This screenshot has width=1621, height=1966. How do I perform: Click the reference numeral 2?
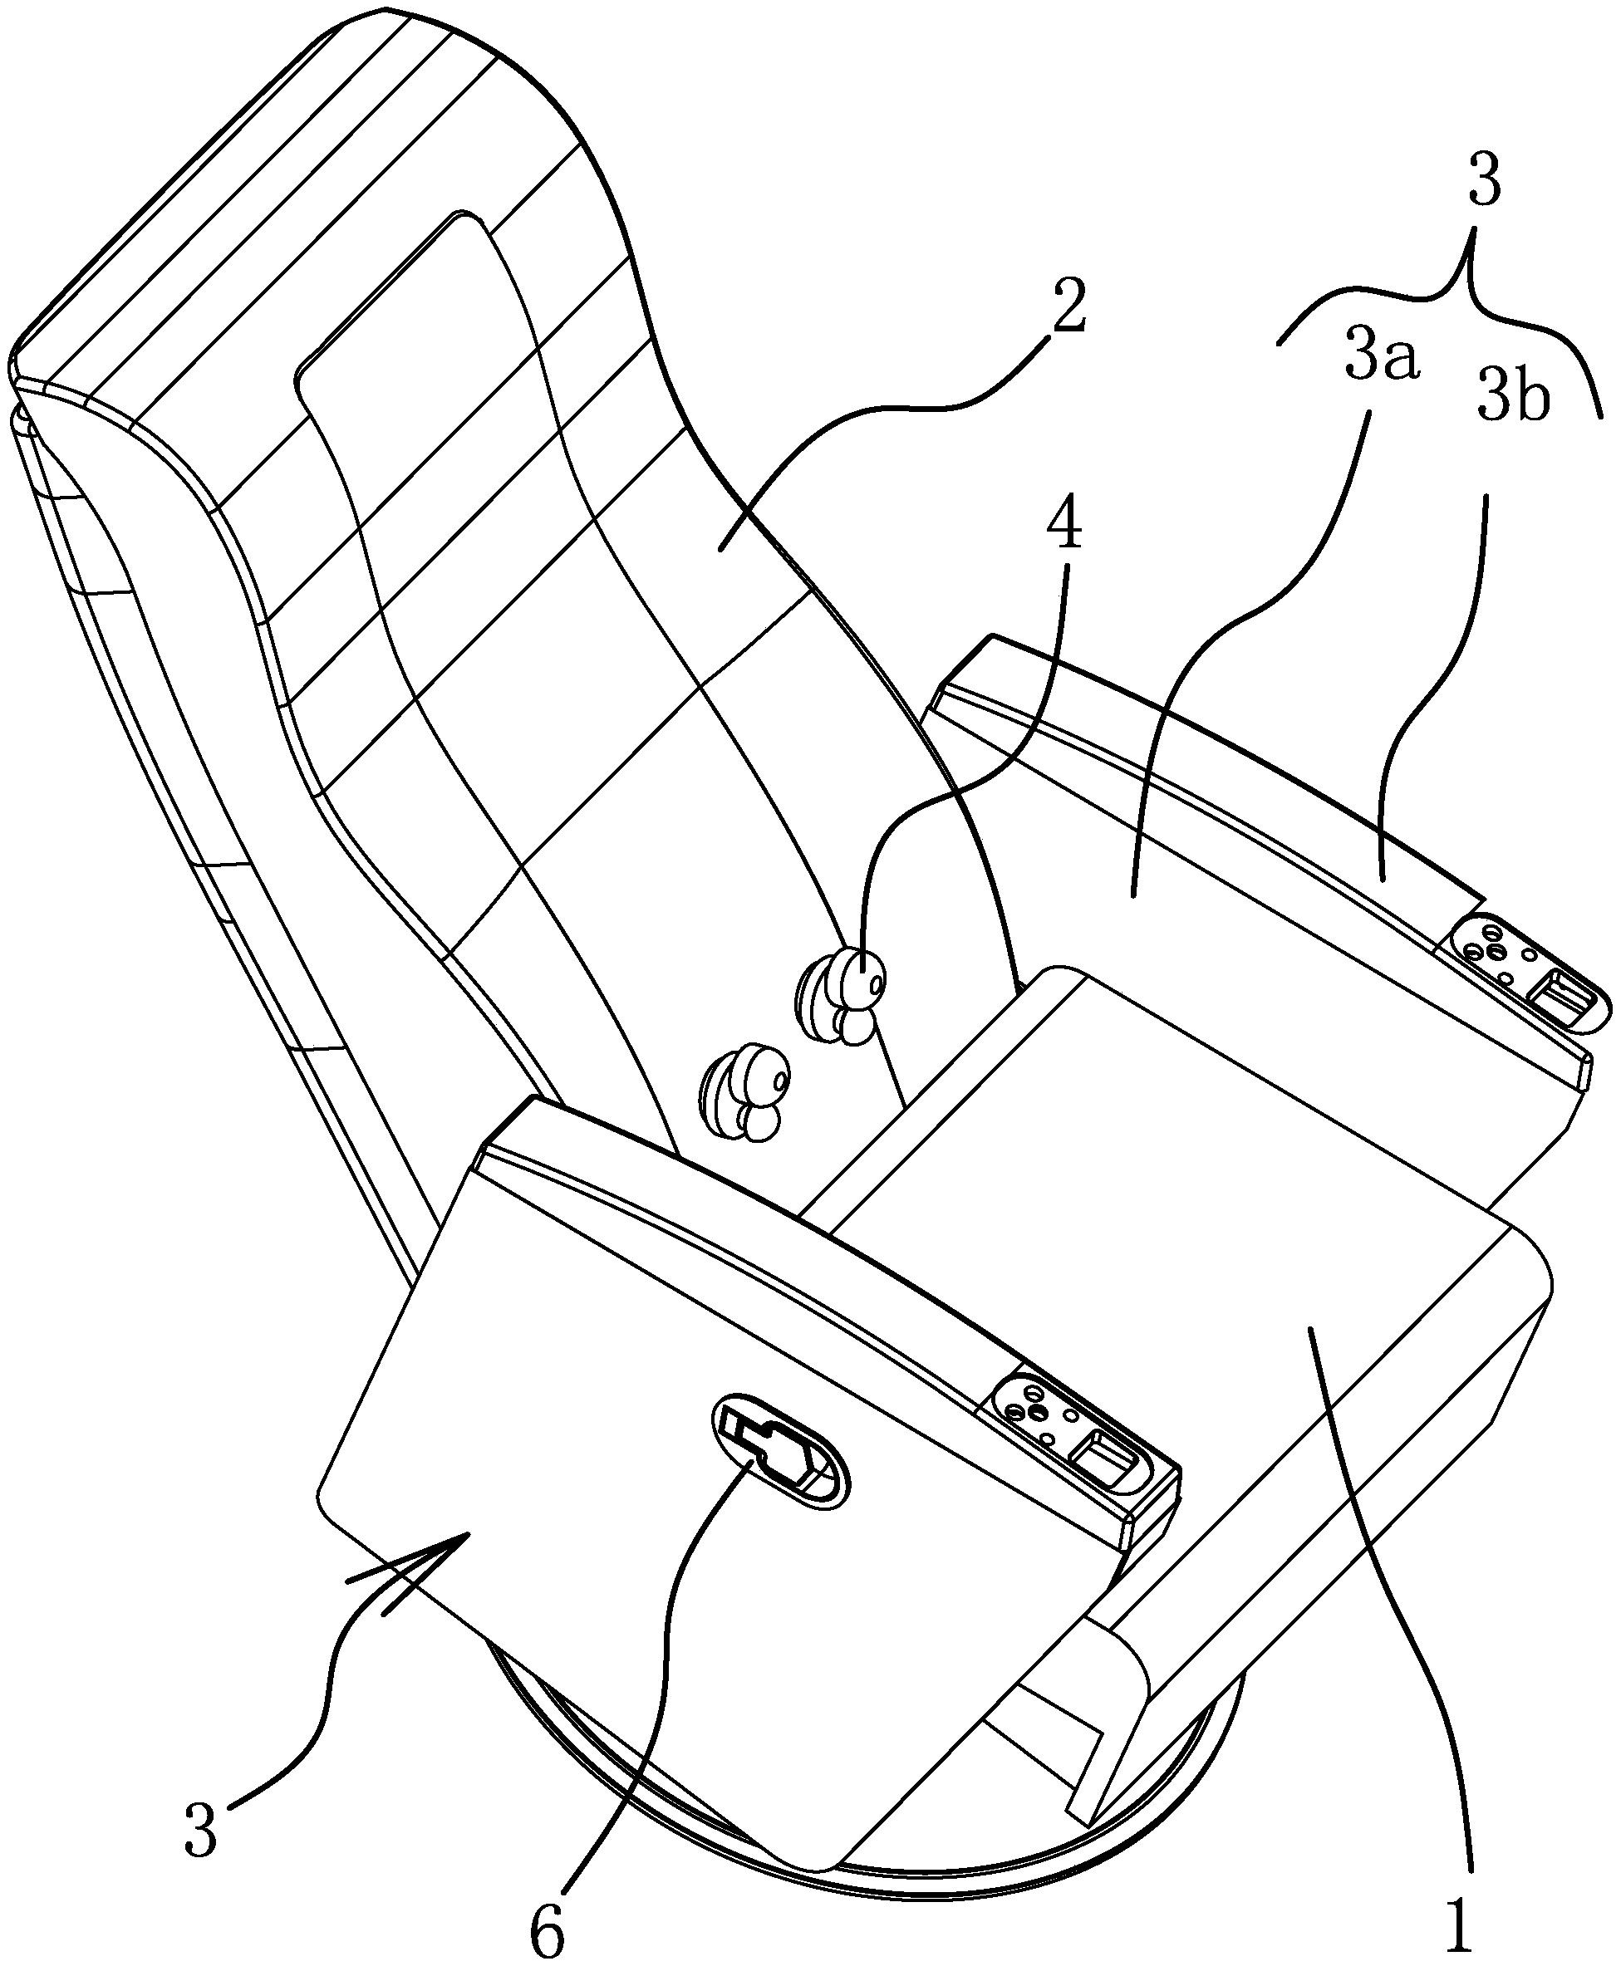pos(1066,308)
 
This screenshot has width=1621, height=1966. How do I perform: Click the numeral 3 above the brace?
pos(1484,182)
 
